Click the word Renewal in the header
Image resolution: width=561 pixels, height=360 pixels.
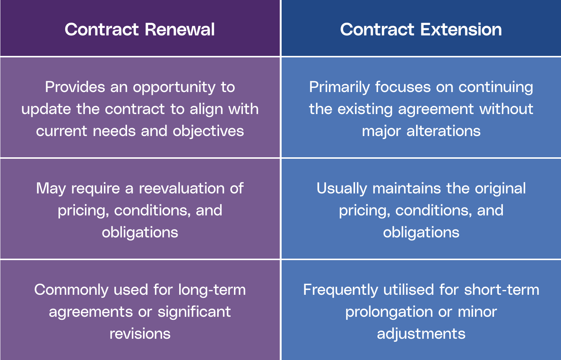[x=180, y=29]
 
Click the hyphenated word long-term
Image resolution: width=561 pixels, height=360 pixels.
[x=212, y=290]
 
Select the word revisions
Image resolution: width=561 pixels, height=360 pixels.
[x=140, y=334]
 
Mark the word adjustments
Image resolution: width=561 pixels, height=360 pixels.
[x=421, y=334]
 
